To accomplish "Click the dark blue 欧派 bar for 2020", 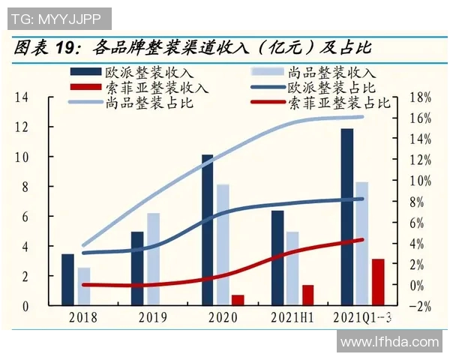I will coord(208,230).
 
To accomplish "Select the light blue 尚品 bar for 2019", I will coord(153,259).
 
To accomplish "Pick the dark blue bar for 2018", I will coord(68,280).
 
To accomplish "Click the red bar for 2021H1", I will coord(307,295).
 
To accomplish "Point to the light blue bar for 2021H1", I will coord(292,268).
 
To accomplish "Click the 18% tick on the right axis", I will coord(421,97).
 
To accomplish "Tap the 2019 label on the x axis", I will coord(154,317).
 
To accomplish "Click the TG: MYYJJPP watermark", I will coord(56,16).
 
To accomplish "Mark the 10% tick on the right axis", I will coord(421,181).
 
